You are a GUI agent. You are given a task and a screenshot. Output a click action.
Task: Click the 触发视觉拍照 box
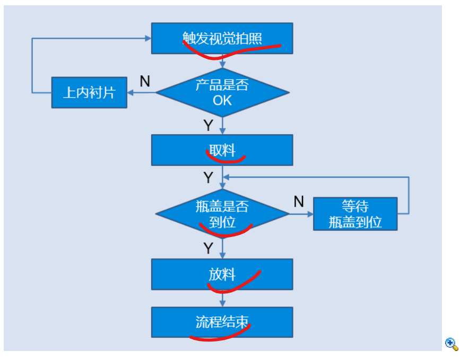click(x=222, y=38)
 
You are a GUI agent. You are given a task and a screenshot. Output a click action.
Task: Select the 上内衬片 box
click(x=89, y=93)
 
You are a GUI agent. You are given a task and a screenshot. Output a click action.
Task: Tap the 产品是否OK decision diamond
click(x=222, y=93)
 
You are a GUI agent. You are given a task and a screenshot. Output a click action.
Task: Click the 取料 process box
click(x=222, y=150)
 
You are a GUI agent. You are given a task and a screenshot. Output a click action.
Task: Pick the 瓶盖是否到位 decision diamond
click(x=222, y=214)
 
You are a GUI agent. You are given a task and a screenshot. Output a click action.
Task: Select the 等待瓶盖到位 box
click(x=355, y=214)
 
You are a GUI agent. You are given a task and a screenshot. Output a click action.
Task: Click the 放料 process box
click(x=222, y=275)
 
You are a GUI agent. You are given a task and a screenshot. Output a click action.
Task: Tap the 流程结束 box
click(x=222, y=322)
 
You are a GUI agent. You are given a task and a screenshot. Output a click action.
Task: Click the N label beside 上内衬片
click(x=145, y=81)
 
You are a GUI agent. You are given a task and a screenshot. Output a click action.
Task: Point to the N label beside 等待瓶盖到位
click(x=299, y=201)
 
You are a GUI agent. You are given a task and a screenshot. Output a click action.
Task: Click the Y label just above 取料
click(x=209, y=126)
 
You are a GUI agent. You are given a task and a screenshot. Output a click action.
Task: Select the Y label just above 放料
click(x=209, y=248)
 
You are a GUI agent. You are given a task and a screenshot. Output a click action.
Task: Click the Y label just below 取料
click(x=209, y=178)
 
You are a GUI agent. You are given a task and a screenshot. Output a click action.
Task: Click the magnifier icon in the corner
click(x=452, y=344)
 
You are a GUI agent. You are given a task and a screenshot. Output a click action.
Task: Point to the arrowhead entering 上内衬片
click(x=131, y=93)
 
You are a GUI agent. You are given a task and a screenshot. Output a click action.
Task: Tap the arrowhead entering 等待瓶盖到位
click(x=310, y=214)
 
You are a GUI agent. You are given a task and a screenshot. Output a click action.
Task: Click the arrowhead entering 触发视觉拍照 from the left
click(x=148, y=38)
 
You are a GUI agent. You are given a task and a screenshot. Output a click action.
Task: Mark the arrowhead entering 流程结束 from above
click(x=222, y=304)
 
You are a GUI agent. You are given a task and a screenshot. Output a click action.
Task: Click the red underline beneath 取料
click(x=225, y=160)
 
